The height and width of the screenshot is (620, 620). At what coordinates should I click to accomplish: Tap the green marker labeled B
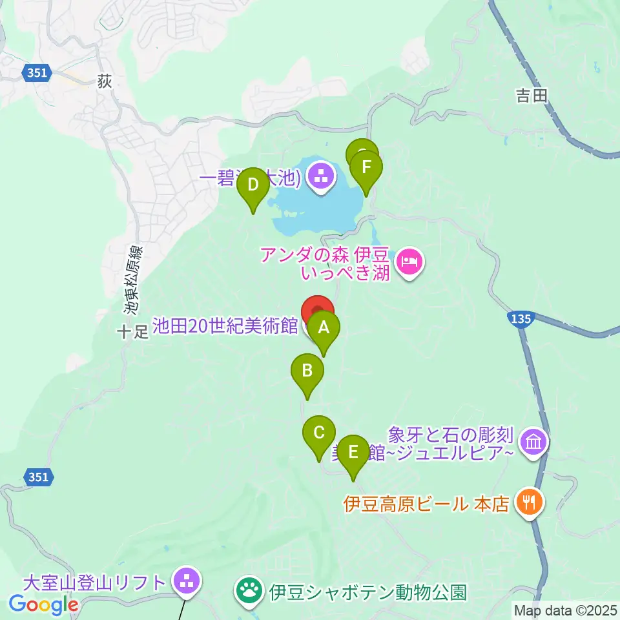tap(307, 371)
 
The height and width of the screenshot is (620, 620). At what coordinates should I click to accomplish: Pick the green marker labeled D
tap(253, 185)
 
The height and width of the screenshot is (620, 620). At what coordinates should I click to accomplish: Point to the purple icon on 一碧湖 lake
tap(321, 174)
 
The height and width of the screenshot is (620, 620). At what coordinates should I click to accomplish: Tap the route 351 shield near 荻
tap(37, 74)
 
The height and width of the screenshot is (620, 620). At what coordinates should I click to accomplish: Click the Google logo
tap(43, 605)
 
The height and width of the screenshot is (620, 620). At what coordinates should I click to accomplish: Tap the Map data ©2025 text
tap(565, 610)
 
